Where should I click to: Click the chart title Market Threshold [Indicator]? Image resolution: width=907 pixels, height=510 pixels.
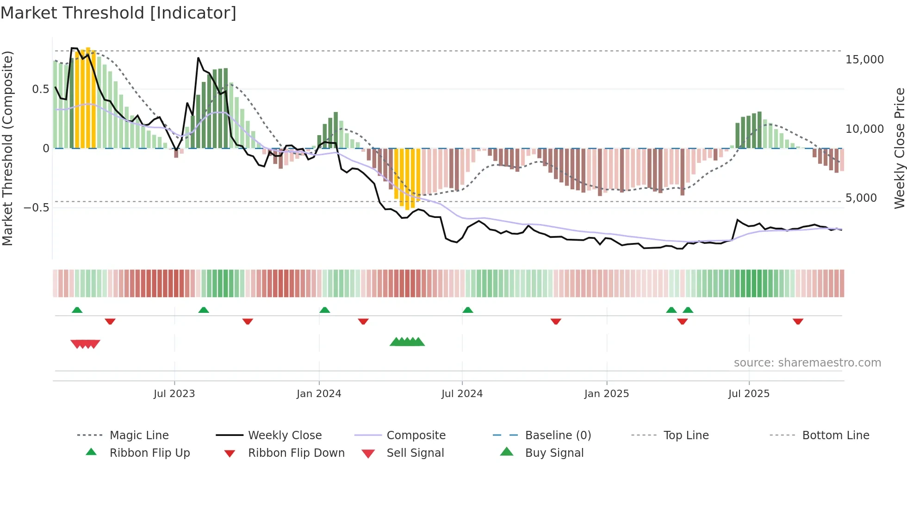tap(118, 13)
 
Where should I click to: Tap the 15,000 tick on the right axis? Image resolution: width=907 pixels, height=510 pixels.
tap(864, 60)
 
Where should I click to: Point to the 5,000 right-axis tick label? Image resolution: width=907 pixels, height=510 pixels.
tap(861, 198)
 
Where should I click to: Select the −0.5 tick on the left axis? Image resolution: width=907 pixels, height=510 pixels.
tap(36, 207)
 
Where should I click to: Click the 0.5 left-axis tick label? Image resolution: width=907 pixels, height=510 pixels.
tap(40, 89)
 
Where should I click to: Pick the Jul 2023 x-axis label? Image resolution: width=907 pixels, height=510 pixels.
tap(174, 394)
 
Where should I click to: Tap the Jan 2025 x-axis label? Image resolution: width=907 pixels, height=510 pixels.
tap(606, 394)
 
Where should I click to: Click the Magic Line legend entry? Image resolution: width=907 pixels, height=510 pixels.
tap(139, 435)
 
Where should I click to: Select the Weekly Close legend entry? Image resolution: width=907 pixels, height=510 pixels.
tap(285, 435)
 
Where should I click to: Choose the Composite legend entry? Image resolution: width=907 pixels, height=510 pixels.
tap(416, 435)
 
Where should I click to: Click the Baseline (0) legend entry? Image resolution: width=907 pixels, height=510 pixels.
tap(558, 435)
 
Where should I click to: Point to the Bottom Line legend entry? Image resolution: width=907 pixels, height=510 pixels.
tap(835, 435)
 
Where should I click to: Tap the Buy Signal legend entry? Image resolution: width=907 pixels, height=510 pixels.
tap(554, 453)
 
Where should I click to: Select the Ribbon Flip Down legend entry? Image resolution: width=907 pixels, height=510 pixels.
tap(296, 453)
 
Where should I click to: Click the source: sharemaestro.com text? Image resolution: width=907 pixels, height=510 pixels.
tap(807, 363)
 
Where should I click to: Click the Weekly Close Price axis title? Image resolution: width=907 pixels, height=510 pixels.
tap(899, 148)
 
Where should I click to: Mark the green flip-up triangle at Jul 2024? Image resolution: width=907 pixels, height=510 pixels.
tap(467, 310)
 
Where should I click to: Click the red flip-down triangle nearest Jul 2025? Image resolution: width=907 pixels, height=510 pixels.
tap(797, 321)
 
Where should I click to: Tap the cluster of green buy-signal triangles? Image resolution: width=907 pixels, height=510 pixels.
tap(407, 342)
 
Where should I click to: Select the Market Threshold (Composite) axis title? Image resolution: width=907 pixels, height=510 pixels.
tap(8, 148)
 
